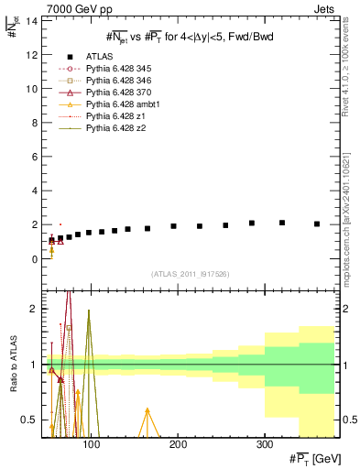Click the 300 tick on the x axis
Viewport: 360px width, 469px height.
pos(264,445)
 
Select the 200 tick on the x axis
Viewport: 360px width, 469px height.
pos(178,445)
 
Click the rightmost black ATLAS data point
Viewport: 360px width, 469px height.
pos(317,224)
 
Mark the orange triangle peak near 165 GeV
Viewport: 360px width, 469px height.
pos(147,410)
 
